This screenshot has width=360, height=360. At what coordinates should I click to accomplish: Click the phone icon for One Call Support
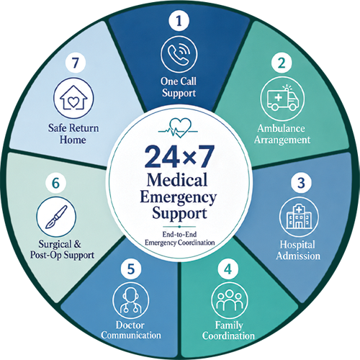tap(179, 54)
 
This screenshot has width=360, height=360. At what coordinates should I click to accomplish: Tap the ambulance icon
tap(282, 99)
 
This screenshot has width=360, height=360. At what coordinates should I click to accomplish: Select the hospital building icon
tap(299, 217)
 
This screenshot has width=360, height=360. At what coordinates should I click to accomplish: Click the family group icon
tap(230, 300)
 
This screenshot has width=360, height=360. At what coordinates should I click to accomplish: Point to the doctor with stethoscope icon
tap(130, 300)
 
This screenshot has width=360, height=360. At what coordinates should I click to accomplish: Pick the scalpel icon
tap(56, 217)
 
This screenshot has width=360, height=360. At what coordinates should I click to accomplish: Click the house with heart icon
tap(73, 98)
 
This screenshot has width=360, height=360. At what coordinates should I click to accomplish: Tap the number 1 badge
tap(179, 21)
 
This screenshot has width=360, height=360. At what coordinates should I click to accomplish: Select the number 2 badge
tap(282, 63)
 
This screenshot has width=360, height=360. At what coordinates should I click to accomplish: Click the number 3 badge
tap(301, 183)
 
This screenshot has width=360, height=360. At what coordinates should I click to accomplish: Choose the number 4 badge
tap(228, 269)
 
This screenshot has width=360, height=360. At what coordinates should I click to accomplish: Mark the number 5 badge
tap(131, 269)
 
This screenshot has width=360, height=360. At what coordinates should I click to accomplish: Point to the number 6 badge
tap(55, 183)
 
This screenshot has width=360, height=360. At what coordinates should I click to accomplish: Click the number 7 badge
tap(76, 63)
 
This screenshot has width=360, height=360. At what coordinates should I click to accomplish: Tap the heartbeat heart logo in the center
tap(178, 128)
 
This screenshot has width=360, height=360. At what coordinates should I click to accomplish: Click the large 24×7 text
tap(179, 157)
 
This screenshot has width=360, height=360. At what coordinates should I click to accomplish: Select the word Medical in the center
tap(177, 180)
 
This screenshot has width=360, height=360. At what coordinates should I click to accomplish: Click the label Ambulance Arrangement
tap(282, 134)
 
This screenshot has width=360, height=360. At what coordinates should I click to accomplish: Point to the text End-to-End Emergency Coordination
tap(179, 238)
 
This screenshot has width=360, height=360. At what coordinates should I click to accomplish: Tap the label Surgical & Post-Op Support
tap(62, 250)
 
